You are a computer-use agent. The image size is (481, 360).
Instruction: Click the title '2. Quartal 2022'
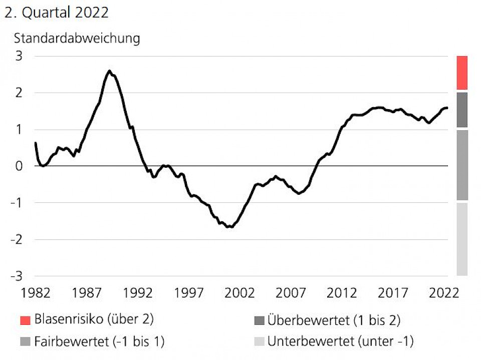click(56, 13)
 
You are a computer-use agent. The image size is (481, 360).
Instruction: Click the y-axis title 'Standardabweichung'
click(77, 38)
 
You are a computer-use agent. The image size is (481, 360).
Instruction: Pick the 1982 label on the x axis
click(36, 293)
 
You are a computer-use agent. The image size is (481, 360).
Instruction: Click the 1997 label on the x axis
click(188, 293)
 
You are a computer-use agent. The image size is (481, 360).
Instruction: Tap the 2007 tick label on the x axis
click(290, 293)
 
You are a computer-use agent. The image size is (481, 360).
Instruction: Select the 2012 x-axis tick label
click(341, 293)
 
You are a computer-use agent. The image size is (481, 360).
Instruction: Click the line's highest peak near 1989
click(109, 71)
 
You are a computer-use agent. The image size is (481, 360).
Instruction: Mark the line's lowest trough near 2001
click(229, 227)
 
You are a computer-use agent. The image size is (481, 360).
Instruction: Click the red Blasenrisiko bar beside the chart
click(462, 73)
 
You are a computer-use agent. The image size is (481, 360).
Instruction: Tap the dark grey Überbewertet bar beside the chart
click(462, 110)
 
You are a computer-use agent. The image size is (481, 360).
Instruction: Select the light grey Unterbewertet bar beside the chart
click(462, 239)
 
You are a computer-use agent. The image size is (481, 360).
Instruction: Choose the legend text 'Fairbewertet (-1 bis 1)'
click(99, 342)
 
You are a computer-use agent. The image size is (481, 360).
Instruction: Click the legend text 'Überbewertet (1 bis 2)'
click(334, 319)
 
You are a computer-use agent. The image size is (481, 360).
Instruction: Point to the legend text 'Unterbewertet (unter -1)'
click(340, 342)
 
